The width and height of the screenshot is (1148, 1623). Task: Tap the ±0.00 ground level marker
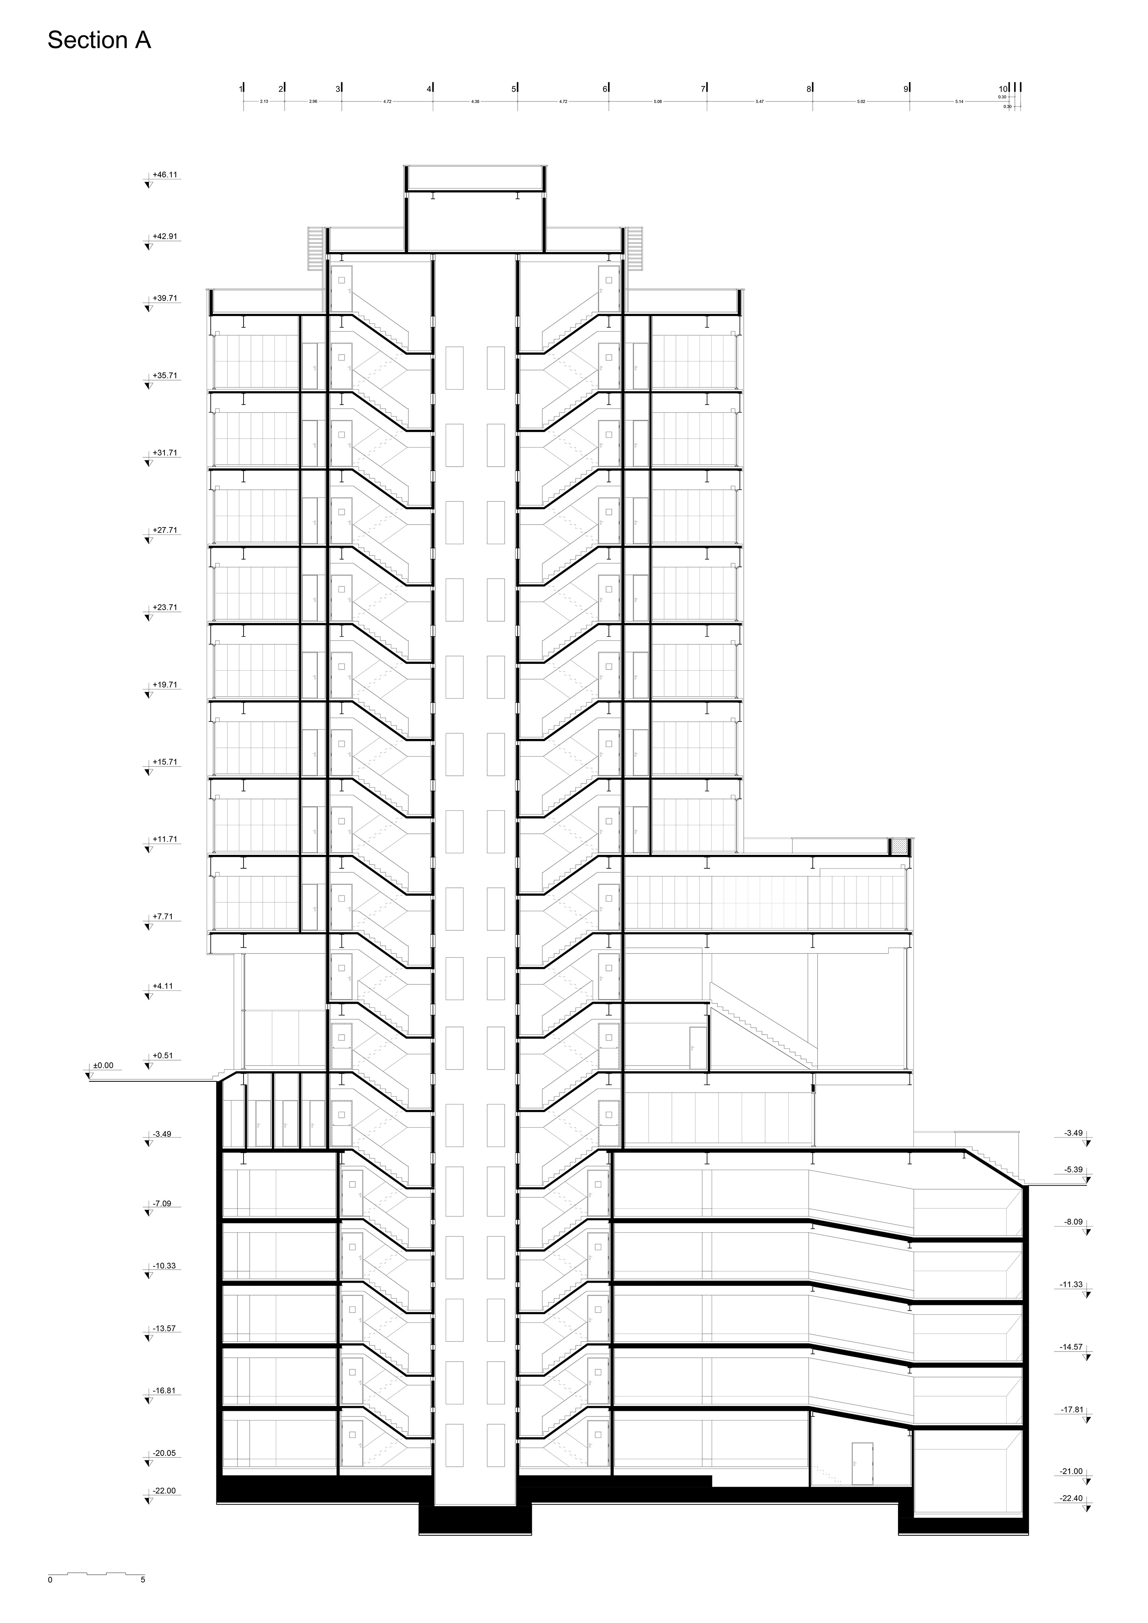[103, 1065]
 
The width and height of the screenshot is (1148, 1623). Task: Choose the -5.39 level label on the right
[1073, 1170]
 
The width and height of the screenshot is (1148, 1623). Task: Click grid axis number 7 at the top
[703, 89]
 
